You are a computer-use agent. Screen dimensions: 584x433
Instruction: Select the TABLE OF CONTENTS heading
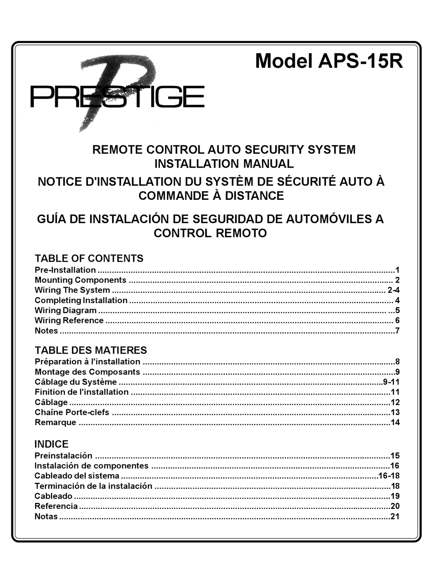pos(89,259)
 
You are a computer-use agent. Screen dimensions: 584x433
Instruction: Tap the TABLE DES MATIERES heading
pos(91,350)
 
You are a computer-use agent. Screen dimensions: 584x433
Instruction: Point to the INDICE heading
pos(52,444)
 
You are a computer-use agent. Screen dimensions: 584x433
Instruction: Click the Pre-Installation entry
pos(65,270)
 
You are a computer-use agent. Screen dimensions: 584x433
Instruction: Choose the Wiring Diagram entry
pos(66,310)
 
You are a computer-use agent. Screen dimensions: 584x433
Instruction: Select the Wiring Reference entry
pos(69,320)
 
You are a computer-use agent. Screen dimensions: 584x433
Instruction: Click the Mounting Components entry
pos(80,280)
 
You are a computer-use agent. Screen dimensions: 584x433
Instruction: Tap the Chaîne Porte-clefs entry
pos(72,412)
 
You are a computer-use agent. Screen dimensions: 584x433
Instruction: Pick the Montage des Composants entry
pos(88,372)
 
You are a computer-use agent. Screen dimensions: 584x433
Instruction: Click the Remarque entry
pos(55,422)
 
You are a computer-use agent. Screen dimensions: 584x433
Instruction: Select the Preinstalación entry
pos(63,456)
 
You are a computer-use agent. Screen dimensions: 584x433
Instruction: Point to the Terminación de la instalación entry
pos(93,486)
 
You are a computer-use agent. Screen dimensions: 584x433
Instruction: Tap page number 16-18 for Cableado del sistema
pos(389,476)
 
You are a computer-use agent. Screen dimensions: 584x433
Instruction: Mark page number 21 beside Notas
pos(395,516)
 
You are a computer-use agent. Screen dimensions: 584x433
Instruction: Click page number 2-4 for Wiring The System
pos(393,290)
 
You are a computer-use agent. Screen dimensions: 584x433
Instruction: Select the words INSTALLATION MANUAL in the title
pos(224,163)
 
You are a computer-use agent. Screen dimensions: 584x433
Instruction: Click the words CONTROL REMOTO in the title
pos(210,233)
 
